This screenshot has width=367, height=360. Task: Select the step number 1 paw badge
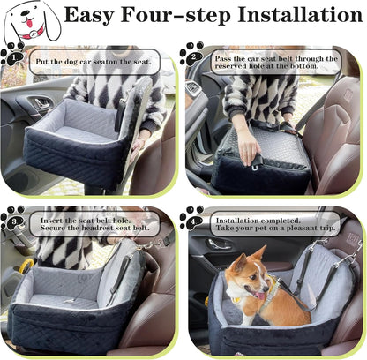point(13,54)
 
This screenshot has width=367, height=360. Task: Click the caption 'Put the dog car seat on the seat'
point(92,62)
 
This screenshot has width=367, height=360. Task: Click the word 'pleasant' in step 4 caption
point(303,228)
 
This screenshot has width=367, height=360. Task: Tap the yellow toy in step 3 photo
point(27,265)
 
